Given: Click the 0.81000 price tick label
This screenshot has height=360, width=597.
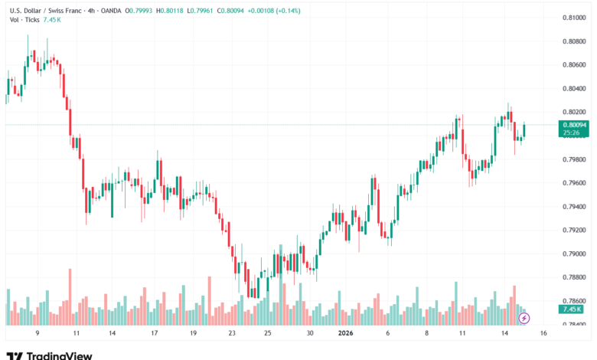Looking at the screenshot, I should pos(574,17).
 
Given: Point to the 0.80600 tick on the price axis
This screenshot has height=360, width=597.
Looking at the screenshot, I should pos(574,64).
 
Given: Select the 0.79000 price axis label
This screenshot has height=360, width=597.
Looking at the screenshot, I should pos(574,254).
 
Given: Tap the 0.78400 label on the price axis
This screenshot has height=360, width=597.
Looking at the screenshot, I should pos(574,325).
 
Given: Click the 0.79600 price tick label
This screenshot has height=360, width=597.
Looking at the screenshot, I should pos(574,183).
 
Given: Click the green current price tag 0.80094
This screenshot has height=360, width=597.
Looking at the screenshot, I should pos(574,125).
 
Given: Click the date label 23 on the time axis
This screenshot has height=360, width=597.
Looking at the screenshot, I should pos(232,334).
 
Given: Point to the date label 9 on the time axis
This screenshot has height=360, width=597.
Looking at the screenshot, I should pos(38,334).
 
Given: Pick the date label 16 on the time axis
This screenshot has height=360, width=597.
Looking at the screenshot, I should pos(543,334).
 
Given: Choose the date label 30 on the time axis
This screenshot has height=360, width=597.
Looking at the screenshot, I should pos(310,334).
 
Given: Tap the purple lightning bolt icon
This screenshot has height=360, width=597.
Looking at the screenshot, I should pos(524,317).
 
